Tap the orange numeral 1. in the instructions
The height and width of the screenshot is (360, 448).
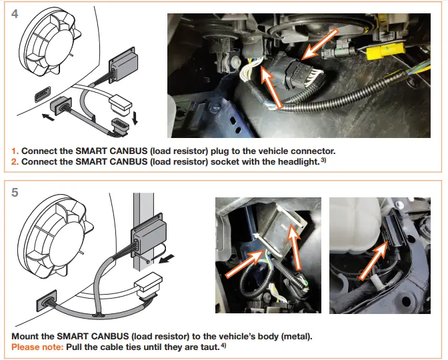(x=15, y=151)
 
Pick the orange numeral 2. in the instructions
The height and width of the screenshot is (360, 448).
(x=16, y=162)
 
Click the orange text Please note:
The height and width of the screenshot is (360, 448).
(x=35, y=348)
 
